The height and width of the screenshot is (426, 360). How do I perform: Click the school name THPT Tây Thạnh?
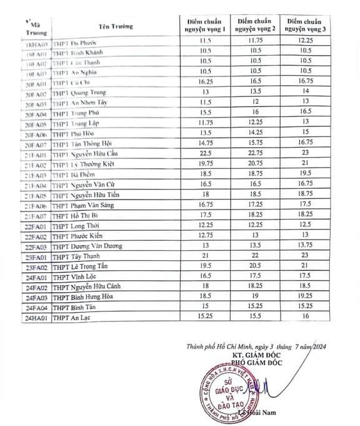coord(74,256)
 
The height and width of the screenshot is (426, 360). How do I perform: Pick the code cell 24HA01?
coord(34,317)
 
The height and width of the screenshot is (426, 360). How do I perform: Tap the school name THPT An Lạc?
coord(70,317)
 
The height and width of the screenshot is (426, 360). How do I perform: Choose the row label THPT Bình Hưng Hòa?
coord(86,297)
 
